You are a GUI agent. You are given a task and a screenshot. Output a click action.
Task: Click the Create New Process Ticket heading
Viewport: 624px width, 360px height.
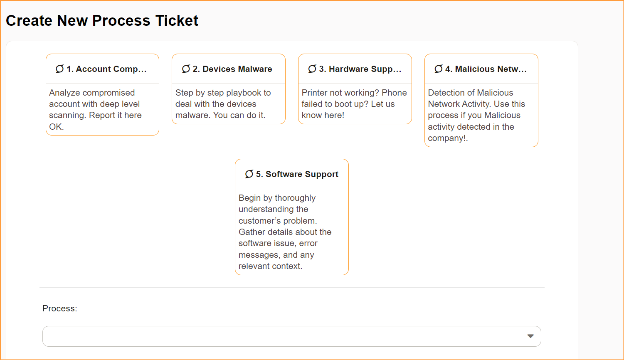(102, 21)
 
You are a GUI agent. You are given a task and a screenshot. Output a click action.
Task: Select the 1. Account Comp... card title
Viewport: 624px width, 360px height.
(106, 69)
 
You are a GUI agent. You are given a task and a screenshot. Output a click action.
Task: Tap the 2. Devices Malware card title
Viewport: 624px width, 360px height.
(232, 69)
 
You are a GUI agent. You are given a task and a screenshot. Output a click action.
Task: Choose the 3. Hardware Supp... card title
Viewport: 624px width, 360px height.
(360, 69)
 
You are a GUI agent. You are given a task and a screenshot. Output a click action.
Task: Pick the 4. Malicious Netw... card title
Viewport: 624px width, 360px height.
(486, 69)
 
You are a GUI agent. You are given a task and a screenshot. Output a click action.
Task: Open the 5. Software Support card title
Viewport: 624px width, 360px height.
(297, 174)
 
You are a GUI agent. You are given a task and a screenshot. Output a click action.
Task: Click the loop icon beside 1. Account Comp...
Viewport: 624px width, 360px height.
(59, 69)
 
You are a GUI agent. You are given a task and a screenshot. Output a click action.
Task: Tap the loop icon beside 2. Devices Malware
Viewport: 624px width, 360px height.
(186, 69)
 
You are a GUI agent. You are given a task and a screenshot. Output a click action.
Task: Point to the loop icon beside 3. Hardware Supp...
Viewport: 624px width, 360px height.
(312, 69)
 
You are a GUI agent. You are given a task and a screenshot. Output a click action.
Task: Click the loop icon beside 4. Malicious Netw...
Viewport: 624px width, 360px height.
(439, 69)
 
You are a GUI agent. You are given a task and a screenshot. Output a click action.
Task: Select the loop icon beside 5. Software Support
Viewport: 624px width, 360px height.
(249, 174)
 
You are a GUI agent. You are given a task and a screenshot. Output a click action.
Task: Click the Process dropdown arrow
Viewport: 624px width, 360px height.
(530, 336)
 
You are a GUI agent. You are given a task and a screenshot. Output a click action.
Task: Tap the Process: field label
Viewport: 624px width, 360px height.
(59, 308)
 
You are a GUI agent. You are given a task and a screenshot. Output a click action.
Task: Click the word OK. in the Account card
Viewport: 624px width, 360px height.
(57, 127)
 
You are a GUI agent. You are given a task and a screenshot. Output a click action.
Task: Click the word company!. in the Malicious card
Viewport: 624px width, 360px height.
(448, 138)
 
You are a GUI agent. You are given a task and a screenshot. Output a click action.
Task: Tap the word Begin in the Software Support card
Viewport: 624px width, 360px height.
(250, 198)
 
